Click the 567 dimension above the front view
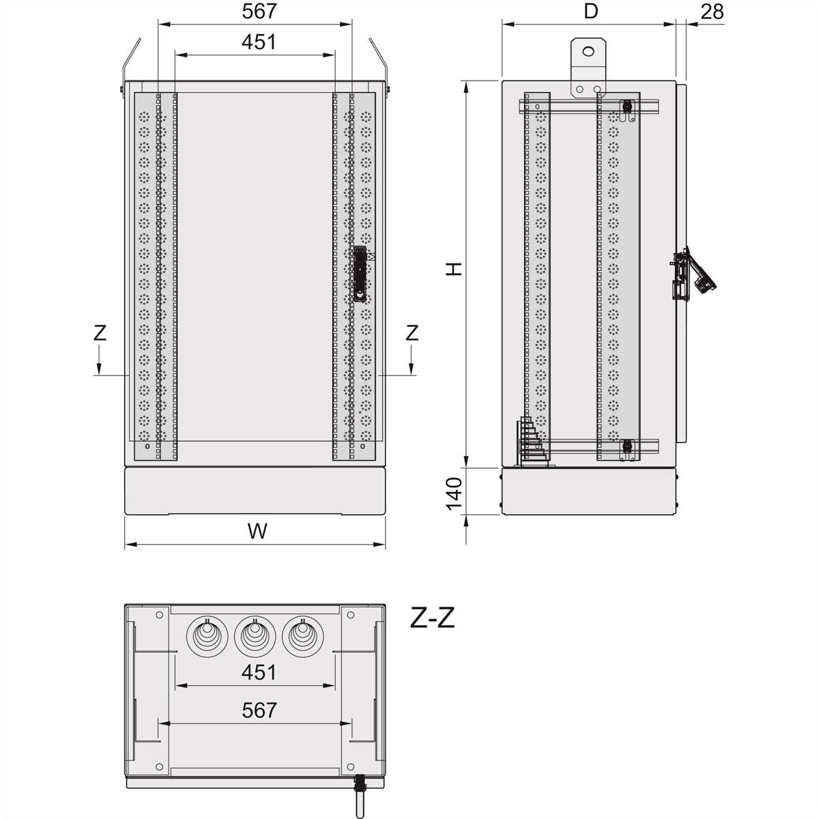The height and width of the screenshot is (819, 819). (x=259, y=12)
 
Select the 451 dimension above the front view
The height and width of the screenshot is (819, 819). (x=259, y=42)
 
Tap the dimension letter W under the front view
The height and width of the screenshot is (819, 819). (x=257, y=531)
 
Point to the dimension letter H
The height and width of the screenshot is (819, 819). (x=454, y=268)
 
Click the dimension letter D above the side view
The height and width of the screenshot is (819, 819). (x=591, y=12)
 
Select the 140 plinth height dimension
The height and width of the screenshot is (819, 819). (x=454, y=493)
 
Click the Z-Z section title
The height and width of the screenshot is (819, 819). (x=432, y=618)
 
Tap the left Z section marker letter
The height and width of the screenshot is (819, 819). (x=100, y=333)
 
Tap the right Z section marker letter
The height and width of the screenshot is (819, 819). (x=412, y=333)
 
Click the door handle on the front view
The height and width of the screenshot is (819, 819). (x=359, y=274)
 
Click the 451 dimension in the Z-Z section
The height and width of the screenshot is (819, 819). (x=259, y=672)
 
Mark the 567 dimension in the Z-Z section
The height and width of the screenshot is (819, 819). (x=259, y=710)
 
